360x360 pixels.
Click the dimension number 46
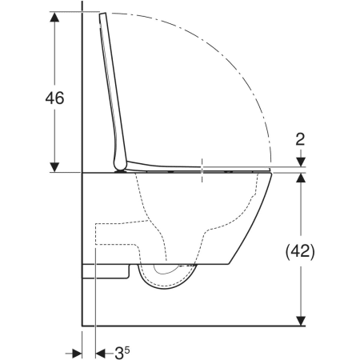(x=54, y=98)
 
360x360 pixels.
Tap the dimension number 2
(x=300, y=139)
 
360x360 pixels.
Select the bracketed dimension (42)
(x=300, y=251)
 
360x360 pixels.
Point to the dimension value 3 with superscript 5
(x=122, y=353)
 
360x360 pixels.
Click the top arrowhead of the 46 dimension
(x=54, y=17)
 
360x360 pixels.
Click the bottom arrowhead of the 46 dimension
(x=54, y=167)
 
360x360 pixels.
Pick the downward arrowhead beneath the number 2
(x=301, y=162)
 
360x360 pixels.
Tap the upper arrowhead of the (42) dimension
(x=301, y=178)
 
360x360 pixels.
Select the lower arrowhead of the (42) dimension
(x=301, y=321)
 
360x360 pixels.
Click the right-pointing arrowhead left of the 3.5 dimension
(x=77, y=354)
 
